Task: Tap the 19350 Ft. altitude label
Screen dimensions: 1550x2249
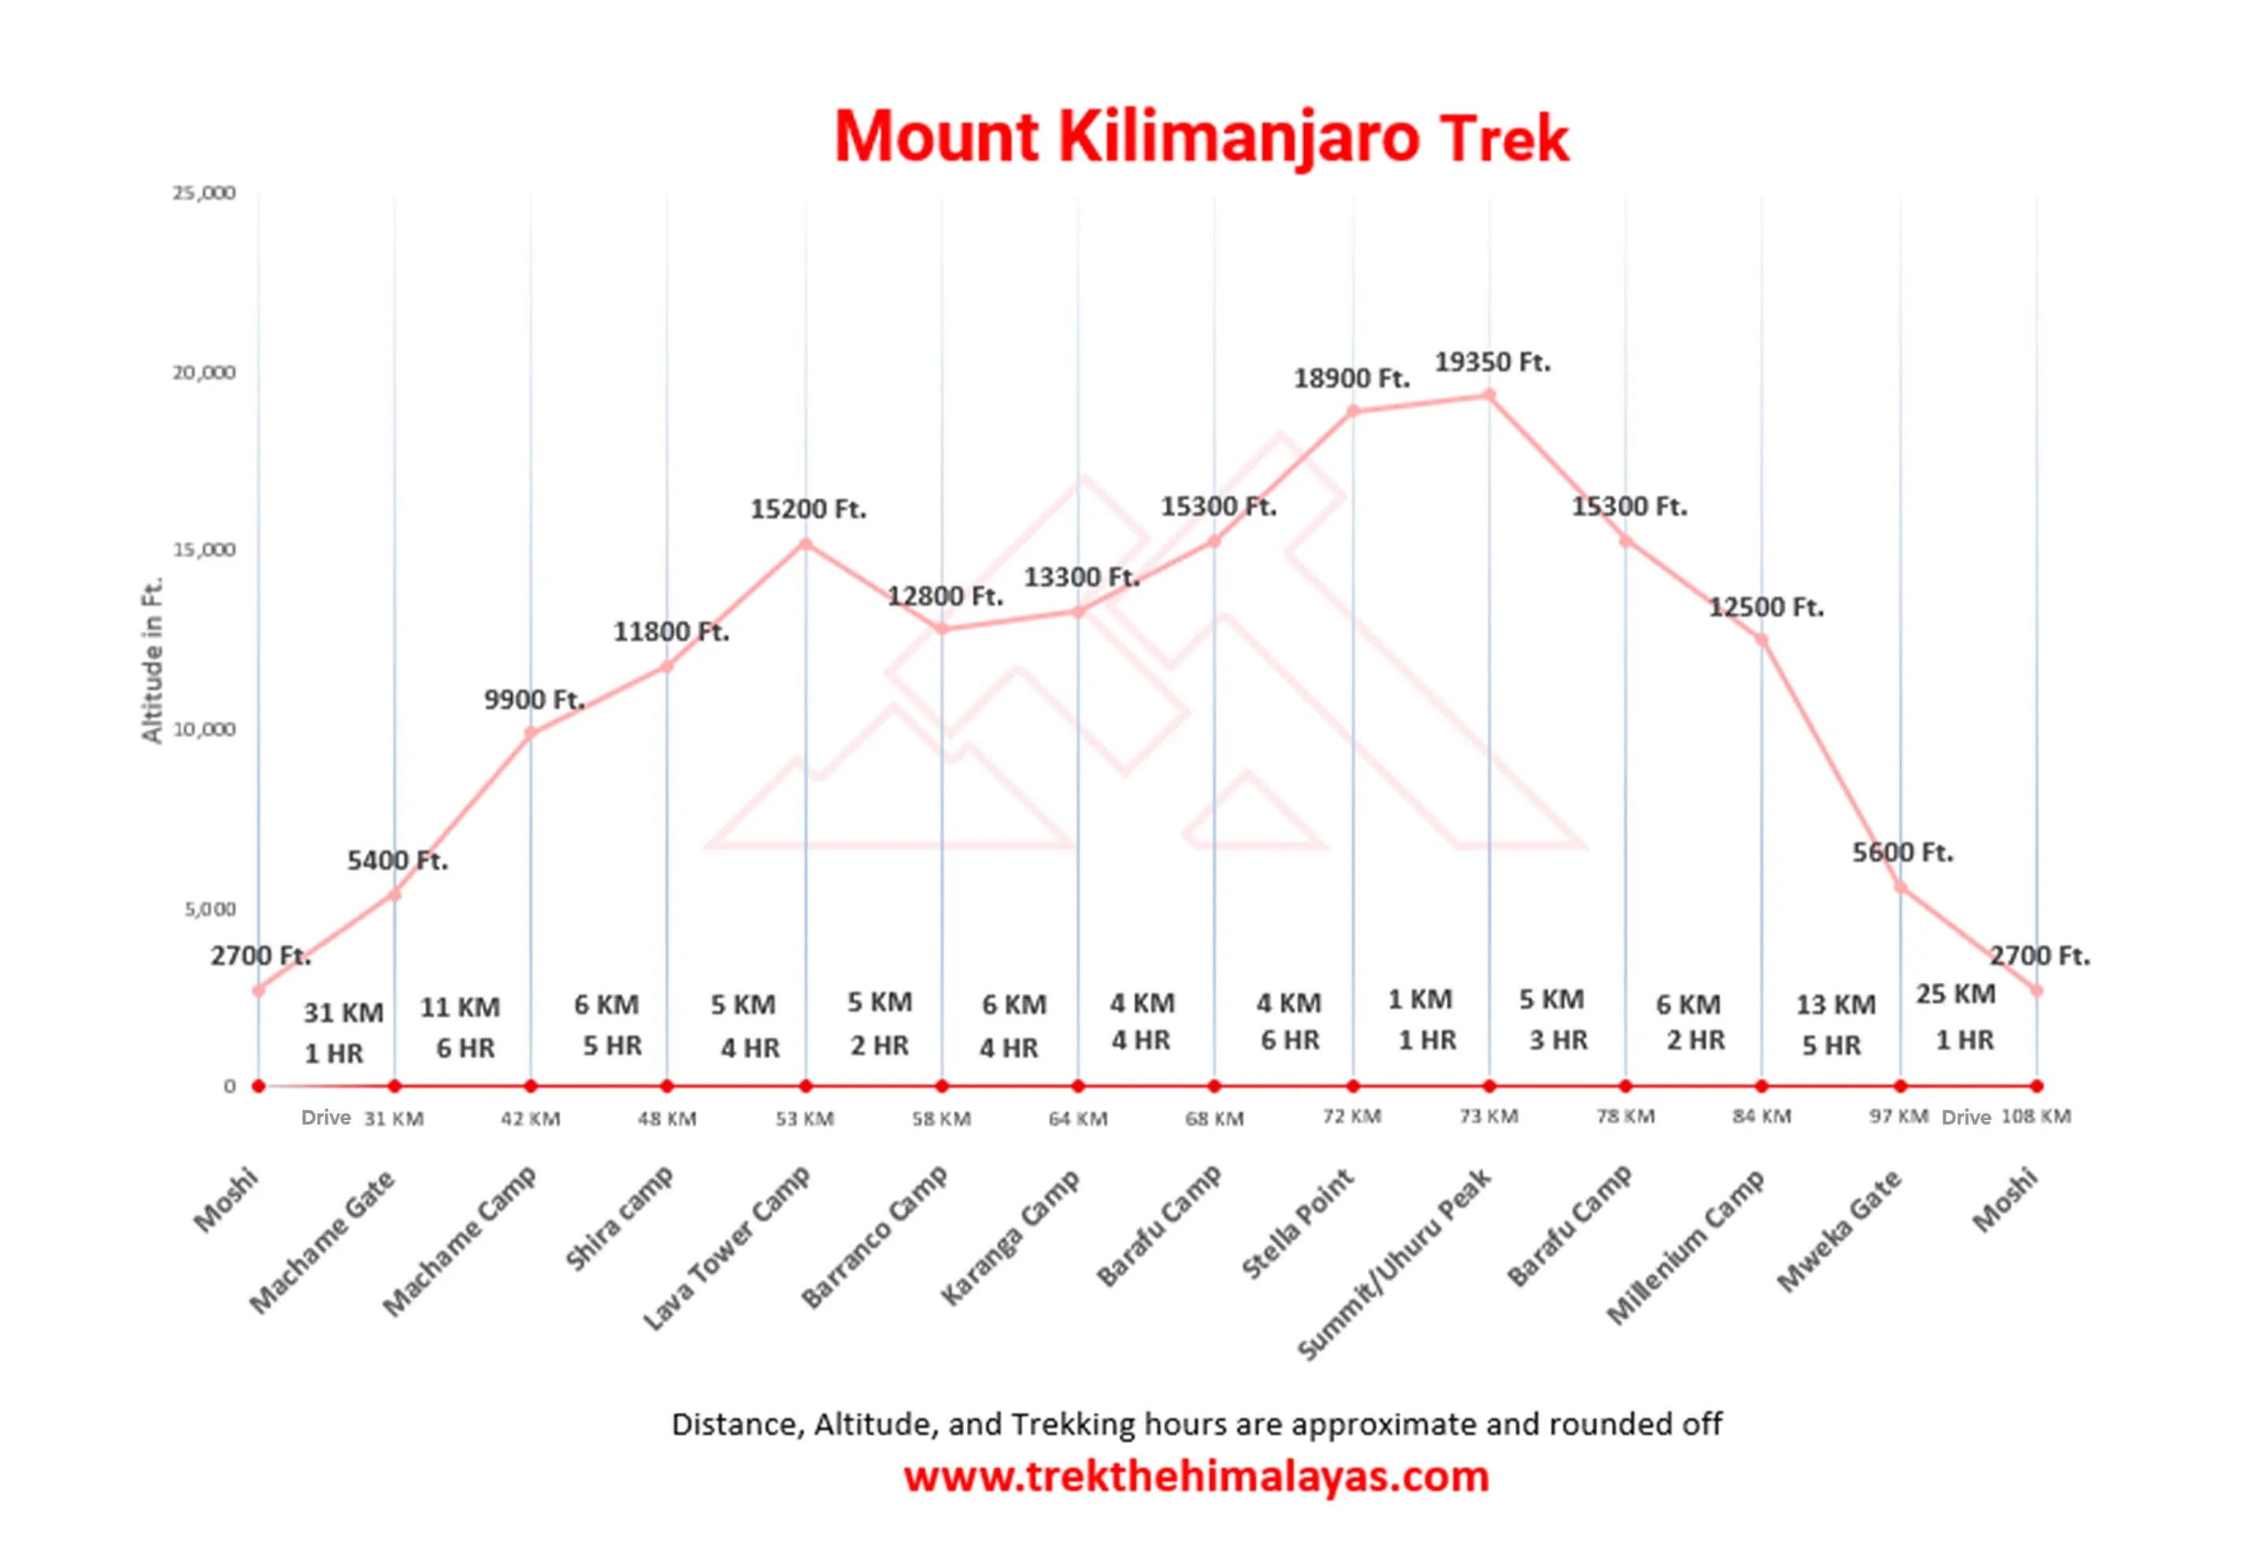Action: coord(1492,362)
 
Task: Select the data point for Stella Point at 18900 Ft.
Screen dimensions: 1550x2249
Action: coord(1353,411)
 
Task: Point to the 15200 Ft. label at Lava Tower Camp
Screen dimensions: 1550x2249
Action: coord(808,509)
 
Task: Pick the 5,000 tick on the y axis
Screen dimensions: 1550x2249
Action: coord(209,909)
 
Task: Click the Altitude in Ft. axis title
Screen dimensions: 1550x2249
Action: coord(153,660)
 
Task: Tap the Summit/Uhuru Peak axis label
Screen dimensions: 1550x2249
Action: coord(1395,1263)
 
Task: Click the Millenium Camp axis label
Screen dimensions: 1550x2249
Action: coord(1685,1247)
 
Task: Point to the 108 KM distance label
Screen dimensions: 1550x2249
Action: coord(2036,1117)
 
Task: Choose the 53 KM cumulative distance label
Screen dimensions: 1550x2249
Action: coord(804,1119)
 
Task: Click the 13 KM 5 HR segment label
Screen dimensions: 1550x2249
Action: coord(1833,1025)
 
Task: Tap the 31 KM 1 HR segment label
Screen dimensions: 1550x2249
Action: coord(340,1033)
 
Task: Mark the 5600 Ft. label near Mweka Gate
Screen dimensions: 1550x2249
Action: coord(1902,853)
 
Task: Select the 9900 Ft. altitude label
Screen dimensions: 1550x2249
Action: coord(534,699)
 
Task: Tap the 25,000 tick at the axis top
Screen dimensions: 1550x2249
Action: coord(204,193)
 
